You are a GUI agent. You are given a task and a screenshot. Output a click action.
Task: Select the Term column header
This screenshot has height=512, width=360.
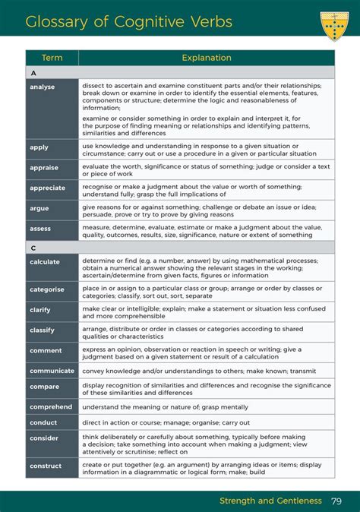52,58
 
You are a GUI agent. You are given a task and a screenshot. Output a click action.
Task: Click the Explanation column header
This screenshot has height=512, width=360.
206,58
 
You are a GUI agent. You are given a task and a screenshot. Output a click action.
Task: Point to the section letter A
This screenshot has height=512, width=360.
33,73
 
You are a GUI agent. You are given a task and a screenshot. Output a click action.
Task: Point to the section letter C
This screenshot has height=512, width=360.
33,248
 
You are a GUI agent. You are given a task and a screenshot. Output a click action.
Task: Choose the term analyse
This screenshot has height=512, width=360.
43,87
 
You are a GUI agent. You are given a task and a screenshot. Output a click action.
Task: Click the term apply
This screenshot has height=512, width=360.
39,147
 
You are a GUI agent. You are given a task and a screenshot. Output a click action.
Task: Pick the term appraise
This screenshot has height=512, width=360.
44,167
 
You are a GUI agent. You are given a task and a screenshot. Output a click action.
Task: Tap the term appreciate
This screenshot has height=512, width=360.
47,188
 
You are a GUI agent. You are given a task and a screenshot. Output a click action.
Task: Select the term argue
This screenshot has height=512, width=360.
39,207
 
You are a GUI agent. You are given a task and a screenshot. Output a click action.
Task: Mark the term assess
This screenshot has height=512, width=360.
40,228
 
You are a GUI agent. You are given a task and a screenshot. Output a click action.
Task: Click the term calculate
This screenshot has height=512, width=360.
45,261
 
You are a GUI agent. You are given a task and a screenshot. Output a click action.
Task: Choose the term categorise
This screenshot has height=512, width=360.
47,289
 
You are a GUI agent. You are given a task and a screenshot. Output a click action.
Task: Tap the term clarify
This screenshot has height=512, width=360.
41,310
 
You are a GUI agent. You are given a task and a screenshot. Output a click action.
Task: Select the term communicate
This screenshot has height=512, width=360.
52,371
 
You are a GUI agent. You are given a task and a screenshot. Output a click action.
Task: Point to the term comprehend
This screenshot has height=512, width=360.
50,407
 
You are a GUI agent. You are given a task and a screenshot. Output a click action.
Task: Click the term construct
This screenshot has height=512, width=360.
46,466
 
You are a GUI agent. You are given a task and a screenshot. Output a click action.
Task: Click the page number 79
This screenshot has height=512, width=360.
336,501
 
